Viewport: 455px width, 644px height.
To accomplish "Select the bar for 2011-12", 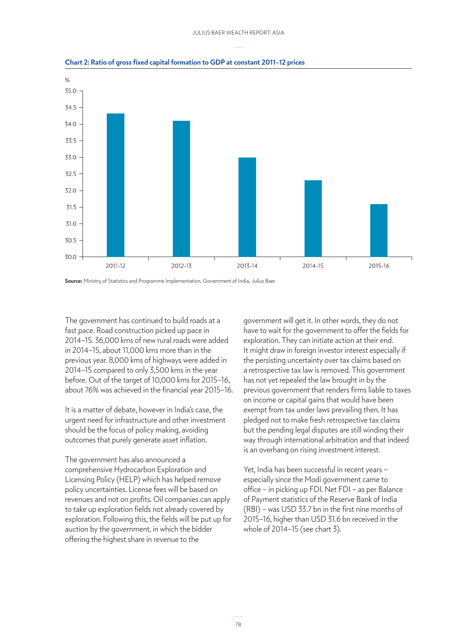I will point(116,185).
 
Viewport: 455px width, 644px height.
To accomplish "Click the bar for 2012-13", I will point(181,189).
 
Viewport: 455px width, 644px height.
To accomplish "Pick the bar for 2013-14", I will point(247,207).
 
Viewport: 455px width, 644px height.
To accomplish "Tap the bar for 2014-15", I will point(313,218).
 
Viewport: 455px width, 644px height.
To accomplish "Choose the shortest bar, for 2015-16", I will point(379,230).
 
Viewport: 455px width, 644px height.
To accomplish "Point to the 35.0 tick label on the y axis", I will point(71,91).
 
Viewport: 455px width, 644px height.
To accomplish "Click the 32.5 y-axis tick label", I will point(71,174).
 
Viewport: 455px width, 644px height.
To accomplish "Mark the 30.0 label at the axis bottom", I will point(71,257).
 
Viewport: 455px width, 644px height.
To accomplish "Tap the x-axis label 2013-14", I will point(247,266).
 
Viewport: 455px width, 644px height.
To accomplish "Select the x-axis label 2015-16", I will point(379,266).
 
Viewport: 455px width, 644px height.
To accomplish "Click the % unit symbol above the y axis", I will point(67,80).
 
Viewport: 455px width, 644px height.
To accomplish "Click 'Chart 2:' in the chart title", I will point(77,62).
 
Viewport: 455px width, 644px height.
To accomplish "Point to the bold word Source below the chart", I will point(73,281).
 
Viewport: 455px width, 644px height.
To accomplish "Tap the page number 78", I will point(238,624).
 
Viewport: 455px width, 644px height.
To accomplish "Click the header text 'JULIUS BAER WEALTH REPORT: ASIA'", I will point(238,33).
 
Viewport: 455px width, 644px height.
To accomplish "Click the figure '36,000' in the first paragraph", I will point(107,340).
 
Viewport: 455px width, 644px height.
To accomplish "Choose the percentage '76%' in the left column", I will point(92,390).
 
